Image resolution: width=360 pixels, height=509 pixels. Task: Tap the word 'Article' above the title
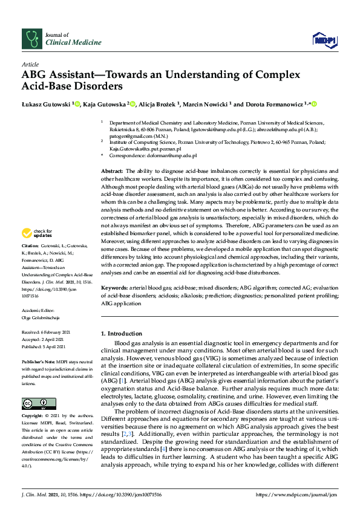pyautogui.click(x=30, y=63)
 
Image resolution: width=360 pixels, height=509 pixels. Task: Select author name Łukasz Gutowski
pyautogui.click(x=46, y=104)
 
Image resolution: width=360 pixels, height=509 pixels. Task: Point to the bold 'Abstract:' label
pyautogui.click(x=111, y=172)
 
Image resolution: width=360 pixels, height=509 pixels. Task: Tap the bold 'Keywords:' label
pyautogui.click(x=113, y=289)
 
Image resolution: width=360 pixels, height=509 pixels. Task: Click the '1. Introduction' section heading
pyautogui.click(x=120, y=334)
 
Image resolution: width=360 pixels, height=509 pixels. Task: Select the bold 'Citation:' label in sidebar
pyautogui.click(x=30, y=263)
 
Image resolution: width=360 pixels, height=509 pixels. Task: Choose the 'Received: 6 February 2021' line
pyautogui.click(x=46, y=332)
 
